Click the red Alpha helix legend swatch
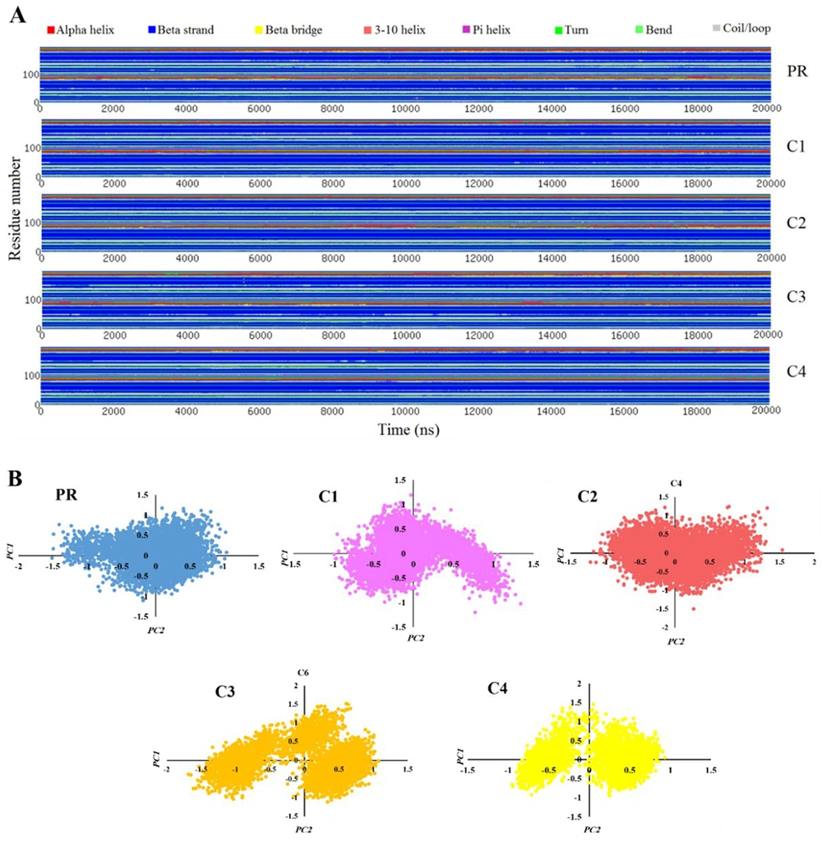51,29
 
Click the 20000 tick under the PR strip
766,109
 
